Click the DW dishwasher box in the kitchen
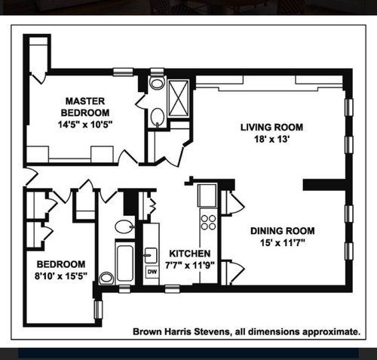pos(152,272)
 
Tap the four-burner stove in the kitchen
pos(208,222)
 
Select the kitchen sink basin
pos(151,256)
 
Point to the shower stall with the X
pos(179,98)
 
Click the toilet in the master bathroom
pos(156,82)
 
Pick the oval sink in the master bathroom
pos(158,117)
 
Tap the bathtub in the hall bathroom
pos(125,263)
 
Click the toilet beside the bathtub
pos(106,278)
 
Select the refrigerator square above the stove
pos(207,195)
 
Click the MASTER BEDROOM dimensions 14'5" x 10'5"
pos(85,125)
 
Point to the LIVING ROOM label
pos(271,128)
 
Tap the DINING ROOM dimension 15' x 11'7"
pos(283,243)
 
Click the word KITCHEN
pos(190,254)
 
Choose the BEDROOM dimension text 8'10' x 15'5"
pos(61,276)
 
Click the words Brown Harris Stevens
pos(181,331)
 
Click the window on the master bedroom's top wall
pos(123,72)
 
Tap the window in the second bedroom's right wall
pos(98,309)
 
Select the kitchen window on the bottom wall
pos(173,289)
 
